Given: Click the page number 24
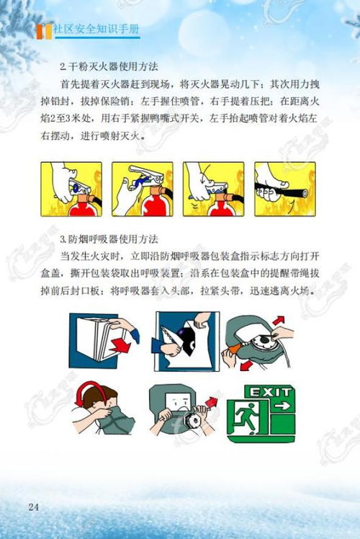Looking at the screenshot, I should click(x=33, y=507).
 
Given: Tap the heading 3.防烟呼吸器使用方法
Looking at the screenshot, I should click(x=109, y=239).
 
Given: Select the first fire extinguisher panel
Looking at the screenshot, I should click(x=70, y=189).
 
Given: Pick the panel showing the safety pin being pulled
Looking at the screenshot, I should click(x=142, y=189).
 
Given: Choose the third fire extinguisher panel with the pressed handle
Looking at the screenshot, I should click(x=212, y=189).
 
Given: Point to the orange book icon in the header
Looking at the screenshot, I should click(x=44, y=31).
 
